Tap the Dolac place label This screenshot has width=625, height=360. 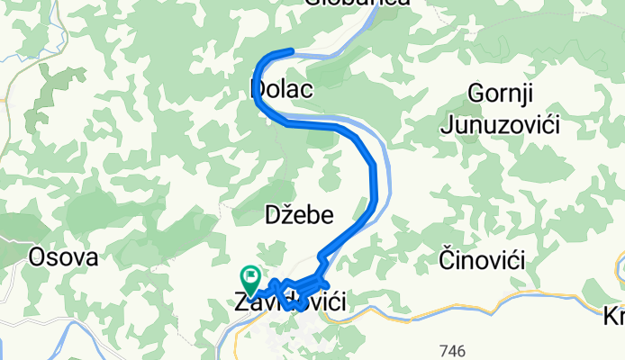coord(280,90)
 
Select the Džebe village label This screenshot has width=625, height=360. coord(299,215)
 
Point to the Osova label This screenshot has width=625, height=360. coord(63,256)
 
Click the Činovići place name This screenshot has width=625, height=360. coord(482,260)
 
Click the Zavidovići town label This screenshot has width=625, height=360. coord(291,303)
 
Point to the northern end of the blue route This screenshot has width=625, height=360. coord(291,51)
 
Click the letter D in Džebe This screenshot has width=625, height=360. coord(272,215)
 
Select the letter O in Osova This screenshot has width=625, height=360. coord(39,256)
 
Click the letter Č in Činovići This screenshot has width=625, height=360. coord(446,259)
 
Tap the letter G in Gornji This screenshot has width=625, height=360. coord(476,94)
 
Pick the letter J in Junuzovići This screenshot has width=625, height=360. coord(448,124)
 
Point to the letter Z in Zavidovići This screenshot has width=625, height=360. coord(240,303)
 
